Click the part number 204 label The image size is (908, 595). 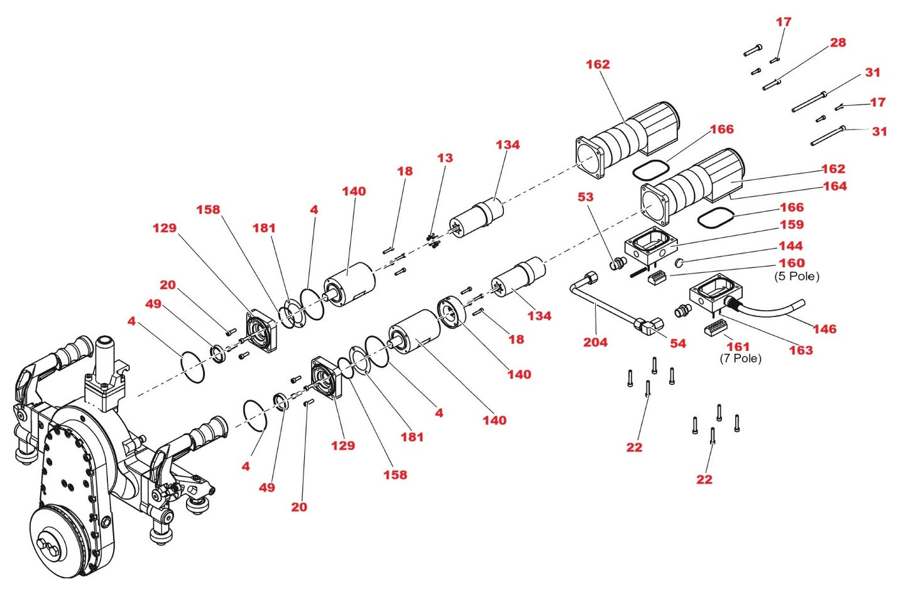point(594,342)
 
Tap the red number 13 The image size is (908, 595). point(445,158)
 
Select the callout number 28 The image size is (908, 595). point(838,43)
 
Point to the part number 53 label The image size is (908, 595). point(585,197)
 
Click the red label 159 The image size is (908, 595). point(791,225)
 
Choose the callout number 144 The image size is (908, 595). point(790,246)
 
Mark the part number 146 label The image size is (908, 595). point(824,329)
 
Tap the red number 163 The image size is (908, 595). point(801,350)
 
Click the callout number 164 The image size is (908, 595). point(834,186)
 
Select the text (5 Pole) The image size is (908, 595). point(796,276)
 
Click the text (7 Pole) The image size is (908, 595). point(740,359)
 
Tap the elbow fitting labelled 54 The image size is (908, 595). point(648,325)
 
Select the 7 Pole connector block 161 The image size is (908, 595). point(715,328)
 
